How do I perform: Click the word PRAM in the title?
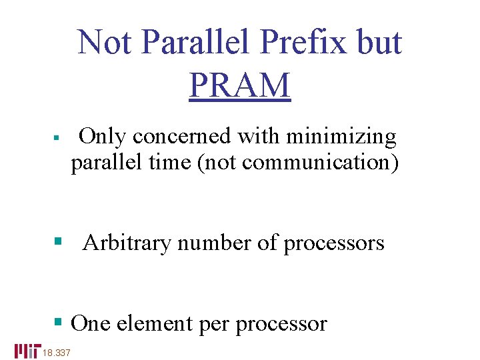click(x=240, y=85)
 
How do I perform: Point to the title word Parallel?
click(x=198, y=42)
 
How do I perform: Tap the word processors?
click(x=334, y=243)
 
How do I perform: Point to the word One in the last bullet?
click(x=91, y=323)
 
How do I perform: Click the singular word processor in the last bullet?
click(x=281, y=323)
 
